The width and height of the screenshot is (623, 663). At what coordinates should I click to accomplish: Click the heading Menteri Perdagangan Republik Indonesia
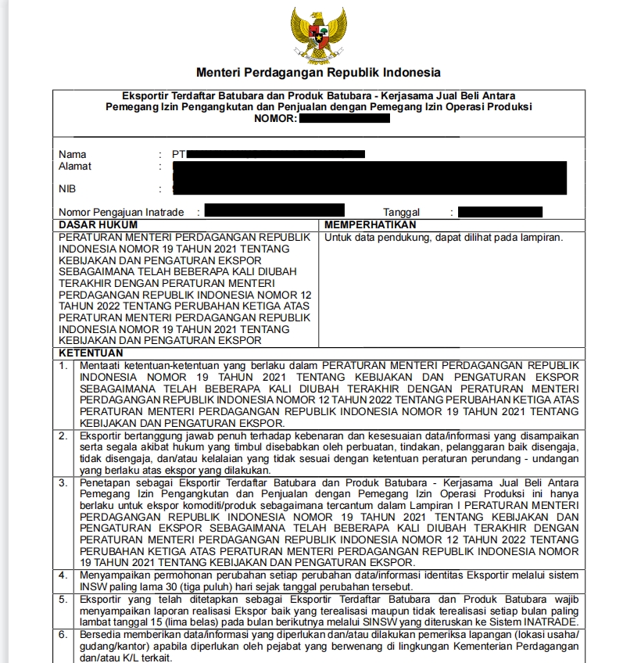[318, 73]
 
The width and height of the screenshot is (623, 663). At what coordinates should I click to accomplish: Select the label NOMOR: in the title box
[274, 118]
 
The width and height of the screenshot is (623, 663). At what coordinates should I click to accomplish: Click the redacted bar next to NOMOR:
[344, 118]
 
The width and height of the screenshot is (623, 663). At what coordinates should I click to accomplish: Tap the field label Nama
[73, 154]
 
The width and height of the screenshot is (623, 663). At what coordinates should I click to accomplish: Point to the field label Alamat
[75, 166]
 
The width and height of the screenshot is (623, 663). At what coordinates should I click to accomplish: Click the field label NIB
[67, 188]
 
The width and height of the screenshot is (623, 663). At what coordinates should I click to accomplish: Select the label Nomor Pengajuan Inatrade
[121, 212]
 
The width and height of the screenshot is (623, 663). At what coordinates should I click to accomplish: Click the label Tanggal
[401, 212]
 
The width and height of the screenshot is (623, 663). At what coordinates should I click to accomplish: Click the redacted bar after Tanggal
[500, 212]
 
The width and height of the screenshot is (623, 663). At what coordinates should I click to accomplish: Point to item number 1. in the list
[63, 365]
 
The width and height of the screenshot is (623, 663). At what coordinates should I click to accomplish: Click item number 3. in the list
[63, 483]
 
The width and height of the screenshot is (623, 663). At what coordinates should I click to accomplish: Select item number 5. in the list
[63, 600]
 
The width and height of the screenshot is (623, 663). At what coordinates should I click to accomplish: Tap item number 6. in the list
[63, 635]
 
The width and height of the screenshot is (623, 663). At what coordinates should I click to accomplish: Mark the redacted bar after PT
[276, 154]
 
